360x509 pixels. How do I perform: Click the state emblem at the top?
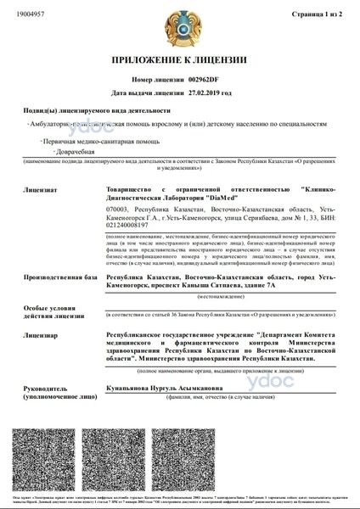[180, 25]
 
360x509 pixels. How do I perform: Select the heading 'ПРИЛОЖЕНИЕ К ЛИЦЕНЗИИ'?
[179, 60]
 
